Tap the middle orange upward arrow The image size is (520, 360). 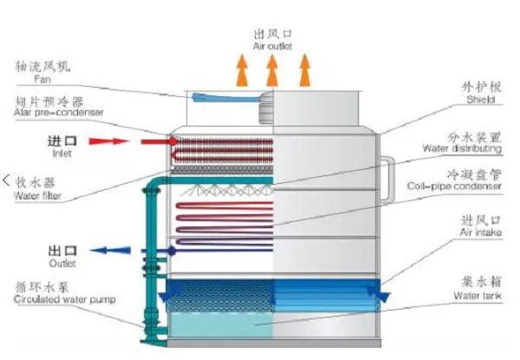tap(273, 70)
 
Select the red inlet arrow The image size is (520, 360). tap(107, 140)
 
